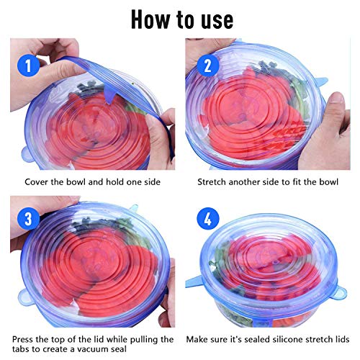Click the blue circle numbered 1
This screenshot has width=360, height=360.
tap(28, 66)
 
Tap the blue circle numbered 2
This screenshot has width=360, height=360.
tap(208, 66)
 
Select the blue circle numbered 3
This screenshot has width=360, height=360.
tap(28, 219)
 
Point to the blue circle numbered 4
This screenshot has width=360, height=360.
tap(208, 219)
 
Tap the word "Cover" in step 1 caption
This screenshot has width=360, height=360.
tap(37, 182)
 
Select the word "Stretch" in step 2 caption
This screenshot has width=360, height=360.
tap(212, 182)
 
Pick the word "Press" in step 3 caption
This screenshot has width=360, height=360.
tap(22, 339)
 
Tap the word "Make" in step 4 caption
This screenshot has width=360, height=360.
tap(197, 339)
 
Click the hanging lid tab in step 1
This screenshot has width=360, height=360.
tap(110, 96)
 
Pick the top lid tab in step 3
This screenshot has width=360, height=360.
tap(134, 208)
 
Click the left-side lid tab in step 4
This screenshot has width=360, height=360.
tap(194, 282)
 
